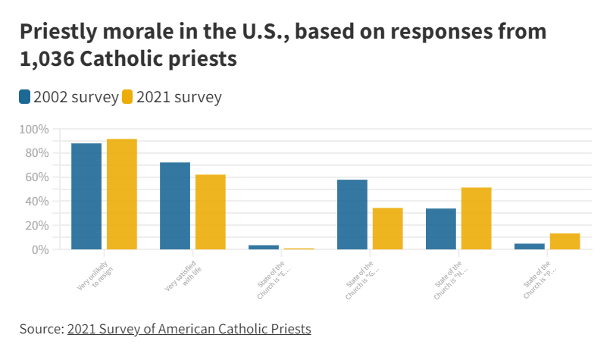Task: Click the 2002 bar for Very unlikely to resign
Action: pyautogui.click(x=86, y=196)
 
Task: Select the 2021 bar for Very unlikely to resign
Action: pyautogui.click(x=122, y=194)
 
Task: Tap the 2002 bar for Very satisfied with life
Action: pyautogui.click(x=175, y=205)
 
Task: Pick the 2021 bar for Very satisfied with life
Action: pyautogui.click(x=211, y=211)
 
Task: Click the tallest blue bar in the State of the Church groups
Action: pyautogui.click(x=352, y=214)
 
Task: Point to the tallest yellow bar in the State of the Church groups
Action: pyautogui.click(x=477, y=218)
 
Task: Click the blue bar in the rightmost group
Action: pyautogui.click(x=530, y=246)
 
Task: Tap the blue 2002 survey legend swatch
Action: pyautogui.click(x=25, y=97)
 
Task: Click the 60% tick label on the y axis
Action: pyautogui.click(x=36, y=177)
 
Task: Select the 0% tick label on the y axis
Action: pyautogui.click(x=40, y=249)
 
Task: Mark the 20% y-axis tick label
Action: pyautogui.click(x=36, y=226)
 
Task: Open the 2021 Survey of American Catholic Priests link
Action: pyautogui.click(x=189, y=329)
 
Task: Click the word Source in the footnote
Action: pyautogui.click(x=40, y=329)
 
